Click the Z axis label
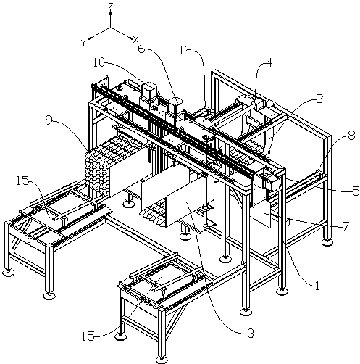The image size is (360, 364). click(111, 7)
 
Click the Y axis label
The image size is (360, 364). click(83, 43)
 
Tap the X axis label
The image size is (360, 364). click(135, 40)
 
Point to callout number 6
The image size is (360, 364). click(142, 49)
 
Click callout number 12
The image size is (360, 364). click(185, 51)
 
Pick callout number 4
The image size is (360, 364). click(269, 63)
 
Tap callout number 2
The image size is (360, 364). click(319, 99)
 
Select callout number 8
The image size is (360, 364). click(351, 136)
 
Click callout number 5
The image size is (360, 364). click(356, 191)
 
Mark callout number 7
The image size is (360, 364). click(346, 226)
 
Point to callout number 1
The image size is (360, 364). click(317, 286)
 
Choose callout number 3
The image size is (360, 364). click(251, 334)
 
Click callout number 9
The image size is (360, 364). click(49, 120)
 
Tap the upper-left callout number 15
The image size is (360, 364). click(22, 181)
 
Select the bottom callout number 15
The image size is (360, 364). click(88, 336)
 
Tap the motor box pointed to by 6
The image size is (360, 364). click(176, 104)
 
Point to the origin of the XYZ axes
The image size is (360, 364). click(111, 28)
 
